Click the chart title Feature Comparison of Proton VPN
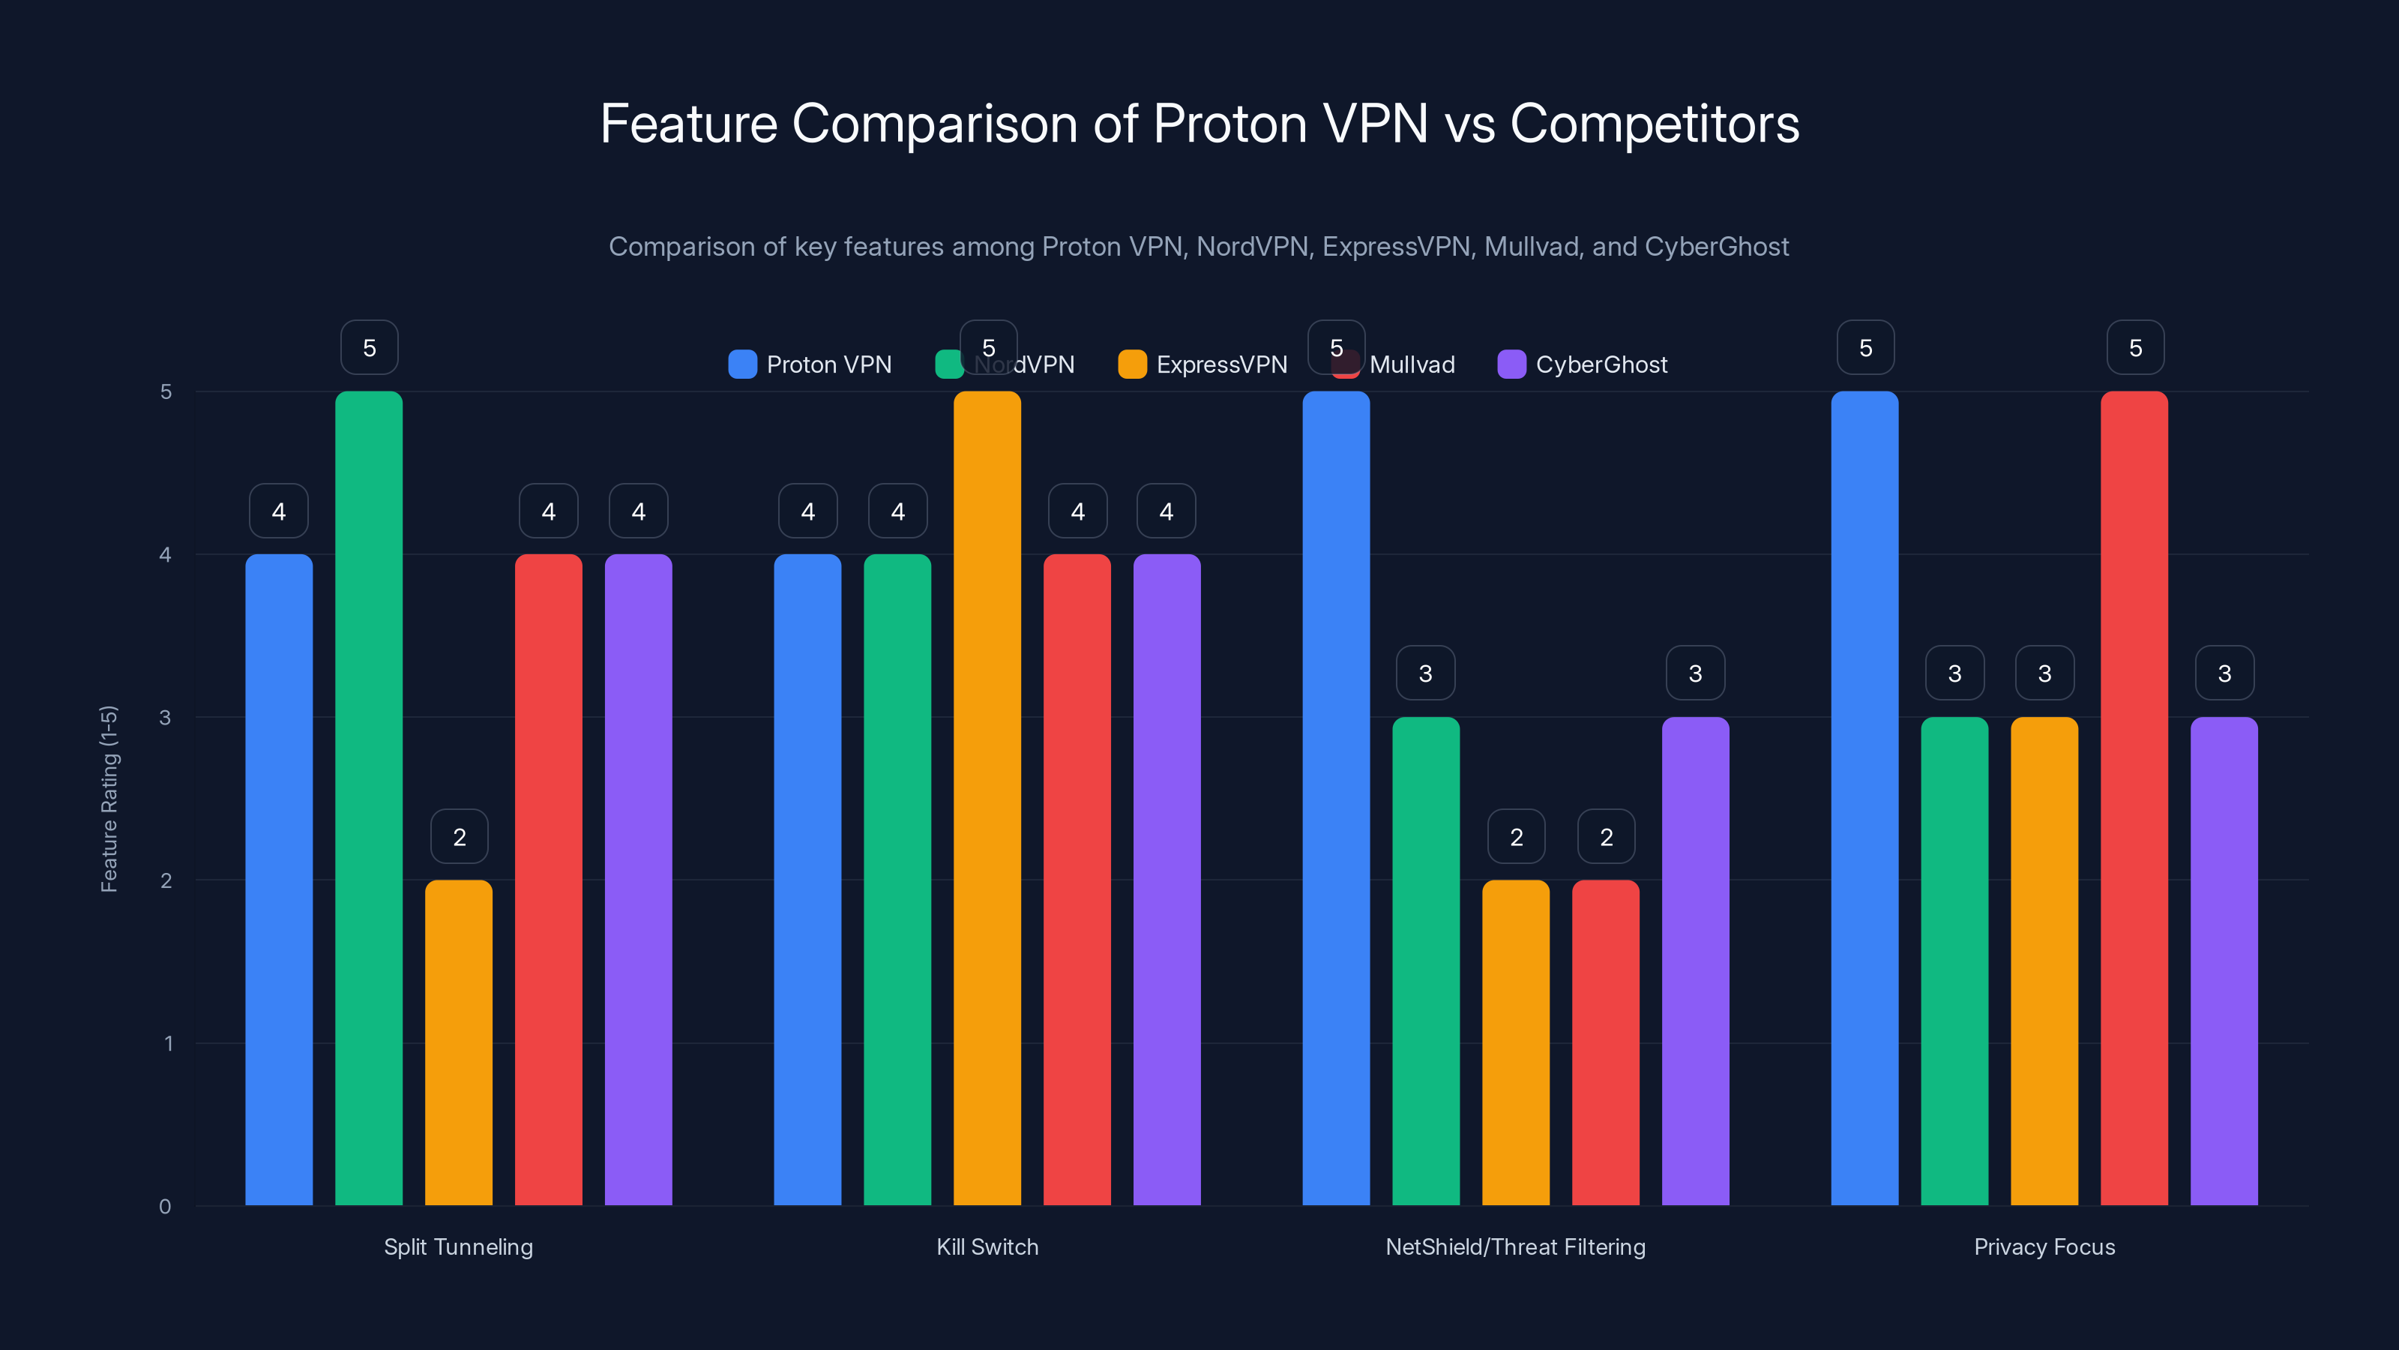coord(1199,124)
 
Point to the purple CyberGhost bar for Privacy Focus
coord(2224,960)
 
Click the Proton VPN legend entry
coord(810,364)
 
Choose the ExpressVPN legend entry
coord(1203,364)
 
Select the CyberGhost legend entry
coord(1583,364)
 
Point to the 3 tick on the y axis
coord(166,718)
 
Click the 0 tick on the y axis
coord(166,1207)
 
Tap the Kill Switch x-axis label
coord(987,1246)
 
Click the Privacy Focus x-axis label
coord(2044,1246)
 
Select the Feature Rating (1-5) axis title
coord(109,799)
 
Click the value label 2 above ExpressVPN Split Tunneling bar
coord(459,837)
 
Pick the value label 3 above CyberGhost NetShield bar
coord(1695,673)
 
